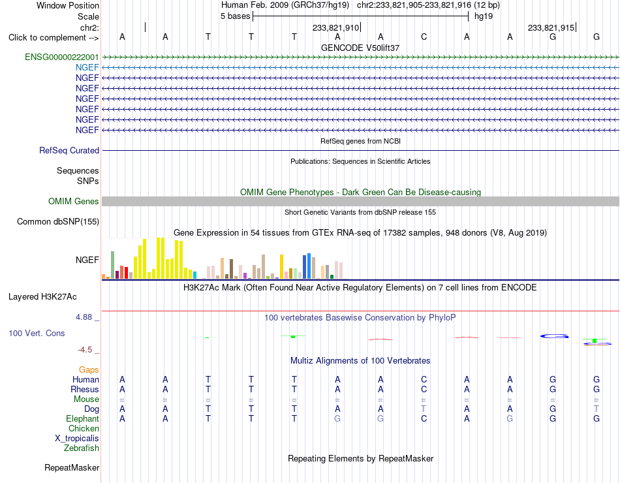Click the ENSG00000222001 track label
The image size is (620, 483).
coord(62,57)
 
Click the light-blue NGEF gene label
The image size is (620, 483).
coord(87,67)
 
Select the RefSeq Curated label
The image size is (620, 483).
coord(69,150)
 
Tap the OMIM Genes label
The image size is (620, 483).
coord(74,201)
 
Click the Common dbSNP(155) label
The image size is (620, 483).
coord(58,221)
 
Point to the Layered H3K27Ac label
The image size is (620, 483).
coord(42,297)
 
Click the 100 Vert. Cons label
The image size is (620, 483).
coord(37,333)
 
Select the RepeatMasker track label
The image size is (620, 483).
coord(72,467)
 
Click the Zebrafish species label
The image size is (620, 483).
coord(82,448)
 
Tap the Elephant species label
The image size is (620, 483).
coord(83,418)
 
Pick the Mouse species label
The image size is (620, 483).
coord(86,399)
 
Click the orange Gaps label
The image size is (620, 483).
coord(89,369)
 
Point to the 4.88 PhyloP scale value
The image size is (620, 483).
coord(84,317)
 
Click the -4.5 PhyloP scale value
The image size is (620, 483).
coord(85,350)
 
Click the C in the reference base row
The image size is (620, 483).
coord(424,37)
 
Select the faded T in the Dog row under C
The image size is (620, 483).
coord(424,409)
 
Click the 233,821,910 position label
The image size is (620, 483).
coord(335,27)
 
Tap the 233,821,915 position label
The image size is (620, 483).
coord(551,27)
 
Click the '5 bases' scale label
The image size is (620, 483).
coord(235,16)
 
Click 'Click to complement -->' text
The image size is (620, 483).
coord(54,38)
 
